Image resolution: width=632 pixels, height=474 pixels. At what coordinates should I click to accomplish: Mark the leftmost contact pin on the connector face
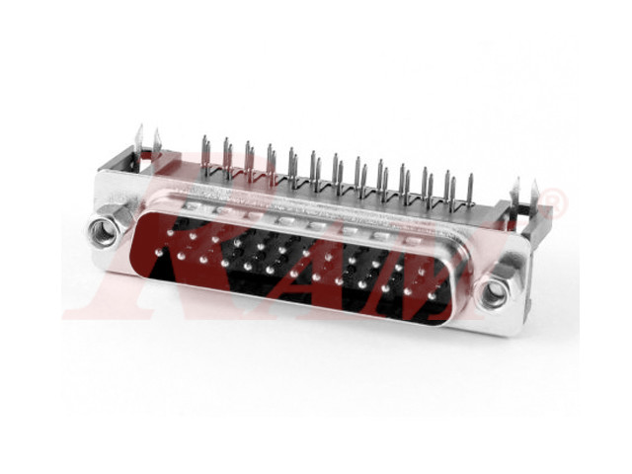click(x=159, y=252)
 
